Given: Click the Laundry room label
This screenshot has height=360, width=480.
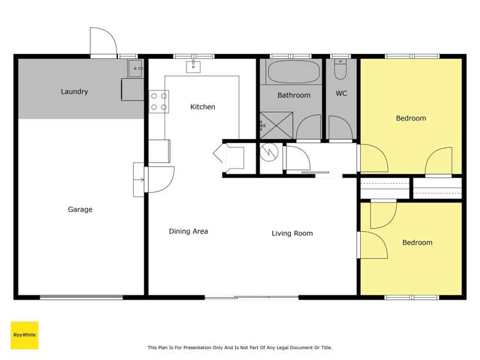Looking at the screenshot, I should point(74,92).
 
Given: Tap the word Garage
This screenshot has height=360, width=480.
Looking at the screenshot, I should point(80,209).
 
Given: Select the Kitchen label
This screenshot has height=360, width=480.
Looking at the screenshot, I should point(203,107).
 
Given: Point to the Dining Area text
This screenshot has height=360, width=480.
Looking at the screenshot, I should point(188,231).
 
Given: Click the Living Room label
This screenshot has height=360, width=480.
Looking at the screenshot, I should point(292,233).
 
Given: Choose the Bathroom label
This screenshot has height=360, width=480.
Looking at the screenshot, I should point(294,95).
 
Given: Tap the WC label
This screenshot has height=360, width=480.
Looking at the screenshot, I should point(342,94).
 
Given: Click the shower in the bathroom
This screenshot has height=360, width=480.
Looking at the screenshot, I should point(276,126).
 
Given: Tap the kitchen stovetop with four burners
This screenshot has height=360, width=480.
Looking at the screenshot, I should point(159,101).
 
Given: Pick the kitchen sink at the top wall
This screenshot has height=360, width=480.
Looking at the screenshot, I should point(194,67).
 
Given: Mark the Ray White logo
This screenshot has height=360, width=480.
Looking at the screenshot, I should point(24,335).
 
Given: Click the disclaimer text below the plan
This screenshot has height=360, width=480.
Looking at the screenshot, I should point(240,348).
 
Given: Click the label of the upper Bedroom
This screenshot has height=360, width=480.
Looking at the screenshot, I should point(411,119).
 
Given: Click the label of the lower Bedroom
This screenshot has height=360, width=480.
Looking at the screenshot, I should point(417,243).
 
